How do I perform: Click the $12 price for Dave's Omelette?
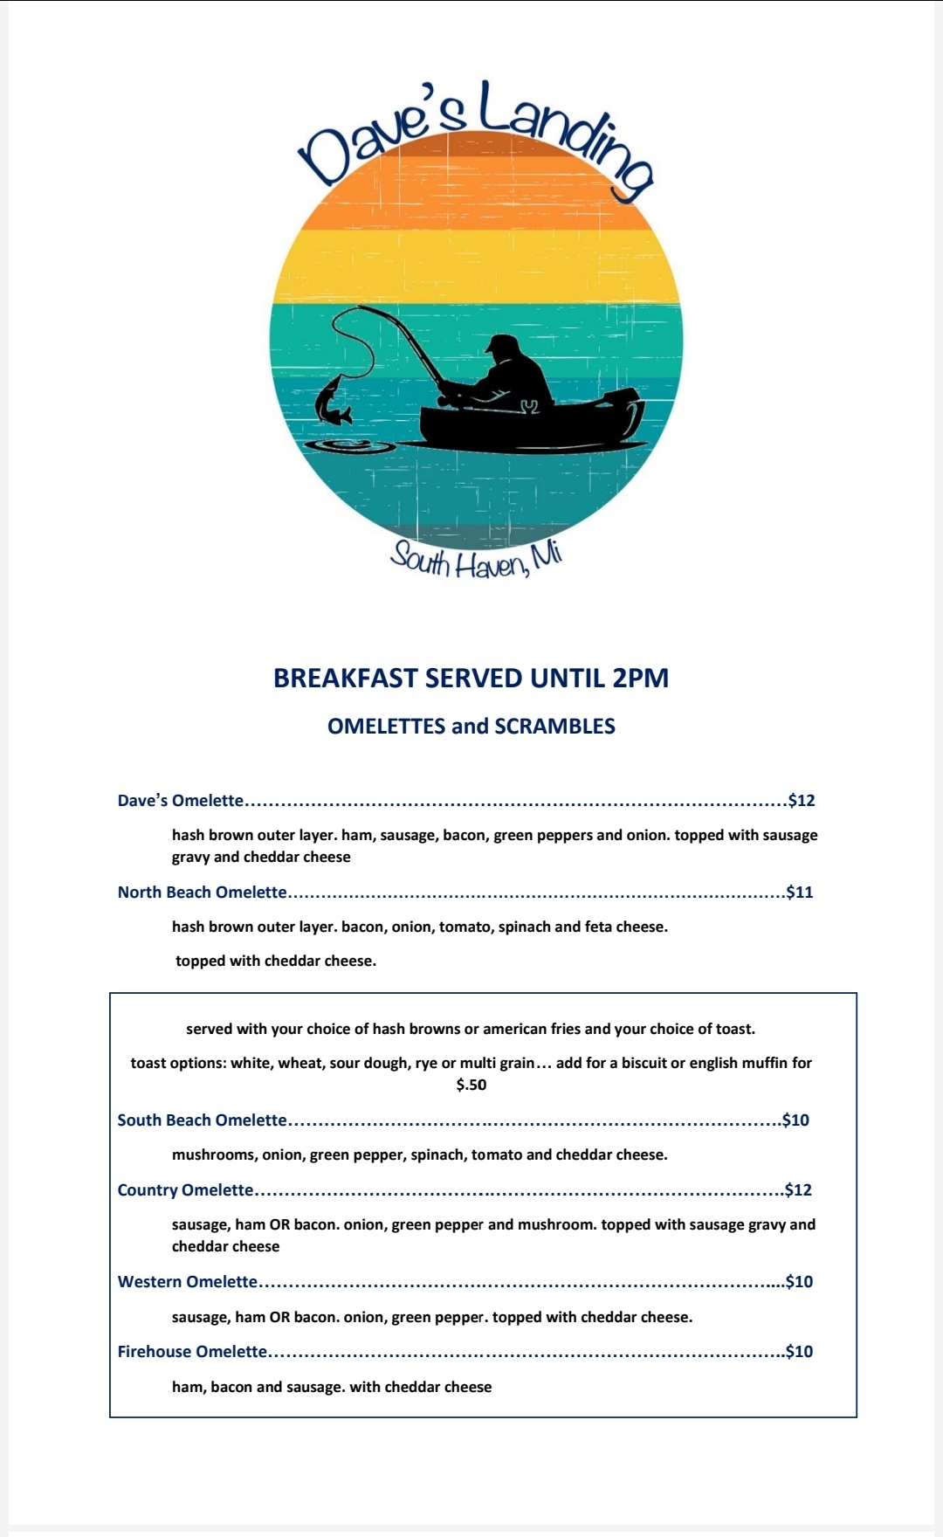click(801, 801)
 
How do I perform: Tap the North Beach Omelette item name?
click(202, 893)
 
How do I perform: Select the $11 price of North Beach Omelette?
click(799, 893)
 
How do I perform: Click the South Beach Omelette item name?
click(202, 1120)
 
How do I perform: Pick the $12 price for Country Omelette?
click(798, 1190)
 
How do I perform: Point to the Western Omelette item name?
click(188, 1282)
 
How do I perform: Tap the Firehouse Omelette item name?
click(192, 1352)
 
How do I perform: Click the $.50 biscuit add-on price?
click(471, 1086)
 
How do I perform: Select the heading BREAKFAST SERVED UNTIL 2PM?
click(471, 679)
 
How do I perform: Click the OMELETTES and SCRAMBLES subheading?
click(471, 727)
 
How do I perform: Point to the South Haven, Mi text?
click(476, 560)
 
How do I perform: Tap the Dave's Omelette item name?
click(181, 801)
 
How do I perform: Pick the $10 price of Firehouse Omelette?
click(798, 1352)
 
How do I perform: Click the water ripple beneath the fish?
click(349, 446)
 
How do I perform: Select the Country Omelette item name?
click(185, 1190)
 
